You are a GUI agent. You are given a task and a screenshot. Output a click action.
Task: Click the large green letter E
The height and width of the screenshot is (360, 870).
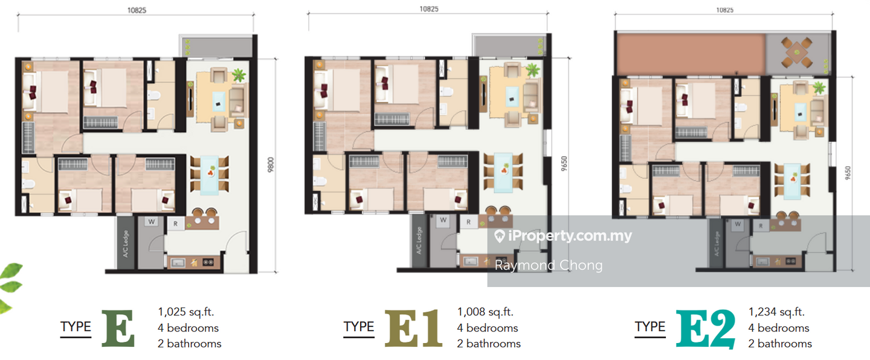click(118, 328)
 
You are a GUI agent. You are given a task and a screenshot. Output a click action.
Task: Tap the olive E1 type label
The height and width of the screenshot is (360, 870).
click(413, 328)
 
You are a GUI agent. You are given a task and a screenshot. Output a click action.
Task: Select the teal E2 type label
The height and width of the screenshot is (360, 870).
click(705, 329)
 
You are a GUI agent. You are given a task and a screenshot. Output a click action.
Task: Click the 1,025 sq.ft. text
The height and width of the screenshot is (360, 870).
click(185, 312)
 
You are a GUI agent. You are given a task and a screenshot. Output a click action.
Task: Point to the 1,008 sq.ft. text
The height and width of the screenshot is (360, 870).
click(485, 312)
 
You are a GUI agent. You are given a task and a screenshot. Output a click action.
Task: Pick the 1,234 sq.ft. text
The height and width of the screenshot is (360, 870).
click(776, 312)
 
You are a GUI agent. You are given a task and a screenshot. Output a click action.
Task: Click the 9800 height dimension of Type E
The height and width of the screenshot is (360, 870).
click(271, 165)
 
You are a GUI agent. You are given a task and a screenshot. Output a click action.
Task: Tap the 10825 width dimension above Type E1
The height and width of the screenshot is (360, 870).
click(429, 8)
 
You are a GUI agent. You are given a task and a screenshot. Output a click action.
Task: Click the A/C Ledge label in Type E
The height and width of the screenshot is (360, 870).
click(126, 243)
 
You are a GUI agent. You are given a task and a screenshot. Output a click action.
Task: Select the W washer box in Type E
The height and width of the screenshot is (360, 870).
click(152, 222)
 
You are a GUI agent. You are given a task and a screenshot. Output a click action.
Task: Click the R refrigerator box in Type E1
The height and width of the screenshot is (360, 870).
click(468, 222)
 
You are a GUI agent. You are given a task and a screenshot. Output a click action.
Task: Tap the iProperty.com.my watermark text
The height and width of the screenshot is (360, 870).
click(563, 236)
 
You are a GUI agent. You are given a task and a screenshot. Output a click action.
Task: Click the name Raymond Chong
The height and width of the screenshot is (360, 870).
click(549, 265)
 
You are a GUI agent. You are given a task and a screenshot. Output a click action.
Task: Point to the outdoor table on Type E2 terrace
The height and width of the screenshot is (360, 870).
click(796, 52)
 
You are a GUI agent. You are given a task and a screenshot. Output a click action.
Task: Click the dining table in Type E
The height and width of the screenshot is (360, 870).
click(210, 175)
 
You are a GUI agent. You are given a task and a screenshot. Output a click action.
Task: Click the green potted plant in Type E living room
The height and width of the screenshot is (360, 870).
click(239, 74)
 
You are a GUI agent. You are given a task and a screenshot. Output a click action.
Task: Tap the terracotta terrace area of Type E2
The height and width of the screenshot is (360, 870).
click(691, 54)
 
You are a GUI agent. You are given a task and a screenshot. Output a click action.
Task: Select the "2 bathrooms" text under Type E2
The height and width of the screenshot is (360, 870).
click(780, 344)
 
